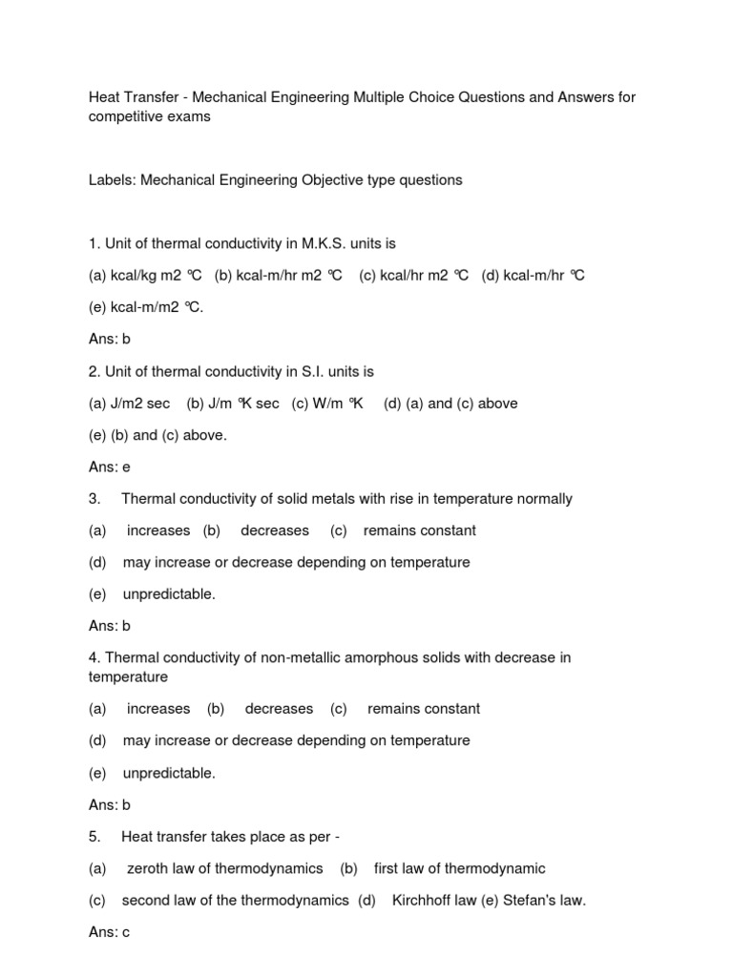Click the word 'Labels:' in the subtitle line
113,180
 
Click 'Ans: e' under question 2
109,467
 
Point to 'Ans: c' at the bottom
109,932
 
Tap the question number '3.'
94,499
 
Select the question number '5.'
94,837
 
